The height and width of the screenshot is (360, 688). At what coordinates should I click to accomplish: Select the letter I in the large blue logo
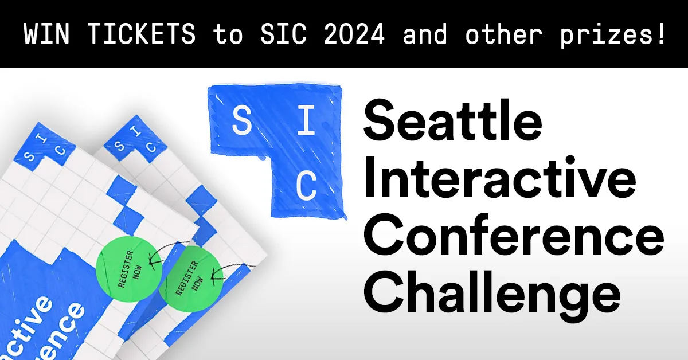point(307,121)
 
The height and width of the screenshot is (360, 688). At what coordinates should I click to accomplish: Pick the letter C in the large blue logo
point(307,185)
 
